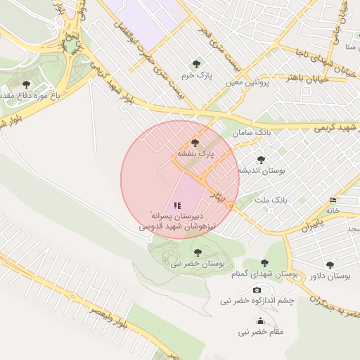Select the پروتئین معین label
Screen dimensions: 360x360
tap(248, 82)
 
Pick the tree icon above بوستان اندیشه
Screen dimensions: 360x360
tap(262, 160)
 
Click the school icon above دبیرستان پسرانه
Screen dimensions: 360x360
tap(177, 205)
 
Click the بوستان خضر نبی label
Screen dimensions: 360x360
tap(196, 264)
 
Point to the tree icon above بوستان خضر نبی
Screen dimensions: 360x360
tap(196, 251)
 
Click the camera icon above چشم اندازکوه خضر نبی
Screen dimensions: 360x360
tap(257, 290)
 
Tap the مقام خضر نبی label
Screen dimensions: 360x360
tap(260, 331)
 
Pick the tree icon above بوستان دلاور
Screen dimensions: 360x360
tap(330, 265)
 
